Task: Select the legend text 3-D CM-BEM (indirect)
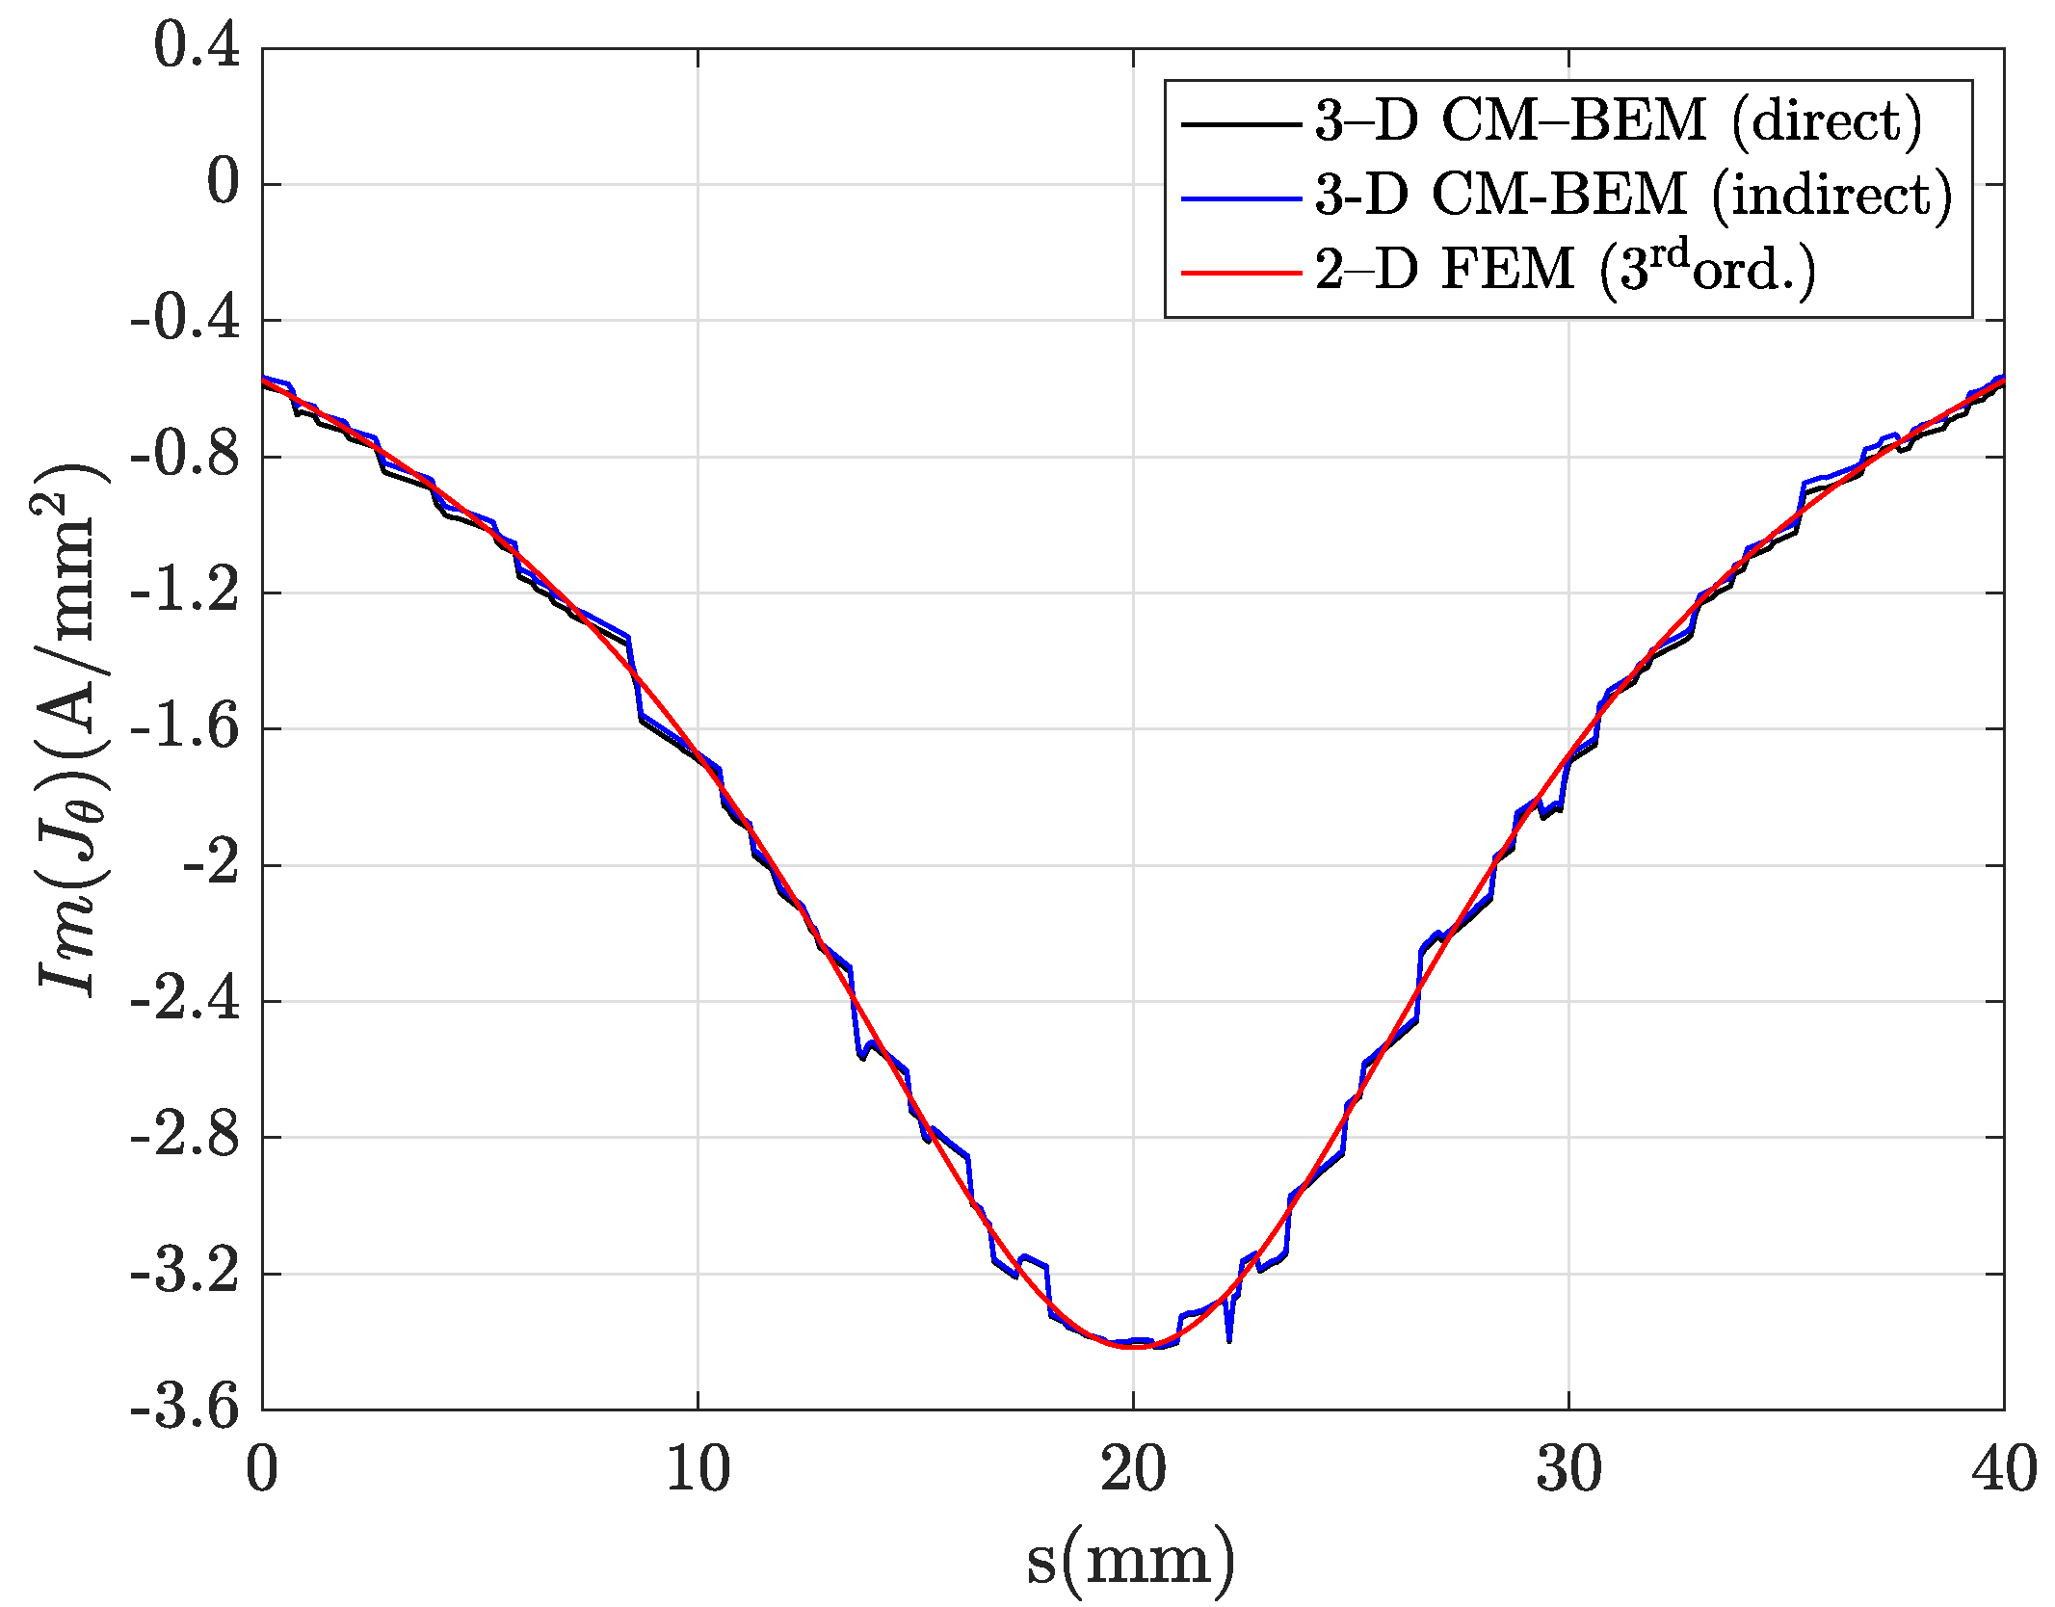click(1633, 196)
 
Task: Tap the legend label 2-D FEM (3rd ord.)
click(1566, 269)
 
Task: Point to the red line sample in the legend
click(1241, 273)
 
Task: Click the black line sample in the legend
click(1241, 124)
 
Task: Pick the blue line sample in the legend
click(1241, 198)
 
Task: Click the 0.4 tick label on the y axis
click(197, 45)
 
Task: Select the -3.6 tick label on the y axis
click(184, 1408)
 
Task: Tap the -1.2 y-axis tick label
click(184, 591)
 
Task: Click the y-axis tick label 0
click(223, 182)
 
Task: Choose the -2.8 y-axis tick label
click(184, 1136)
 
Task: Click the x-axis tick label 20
click(1133, 1469)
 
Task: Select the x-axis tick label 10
click(698, 1469)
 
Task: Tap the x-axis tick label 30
click(1568, 1469)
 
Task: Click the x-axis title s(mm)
click(1131, 1559)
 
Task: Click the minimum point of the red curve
click(1133, 1347)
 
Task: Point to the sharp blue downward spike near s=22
click(1229, 1337)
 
